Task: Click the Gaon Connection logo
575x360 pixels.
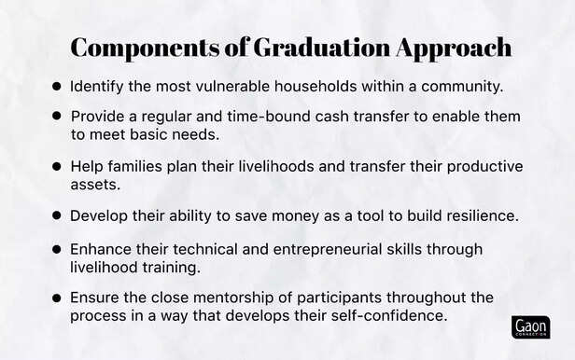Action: click(531, 326)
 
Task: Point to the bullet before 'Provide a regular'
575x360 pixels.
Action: click(56, 117)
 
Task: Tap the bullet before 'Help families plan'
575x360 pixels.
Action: click(56, 166)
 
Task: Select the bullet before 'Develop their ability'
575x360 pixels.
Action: click(56, 215)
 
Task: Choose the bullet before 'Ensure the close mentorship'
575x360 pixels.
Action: click(56, 298)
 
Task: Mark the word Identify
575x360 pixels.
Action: click(99, 87)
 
